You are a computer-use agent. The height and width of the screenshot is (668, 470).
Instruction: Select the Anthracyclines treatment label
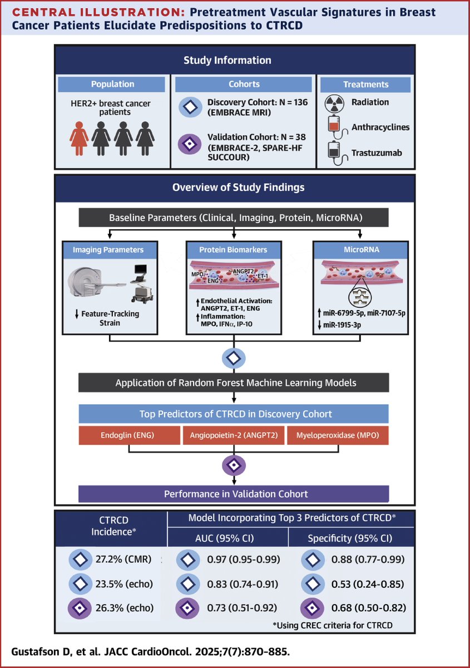click(380, 127)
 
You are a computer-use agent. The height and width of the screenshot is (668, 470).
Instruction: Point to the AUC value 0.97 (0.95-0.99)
click(244, 559)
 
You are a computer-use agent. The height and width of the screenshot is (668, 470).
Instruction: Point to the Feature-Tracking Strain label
click(110, 318)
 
